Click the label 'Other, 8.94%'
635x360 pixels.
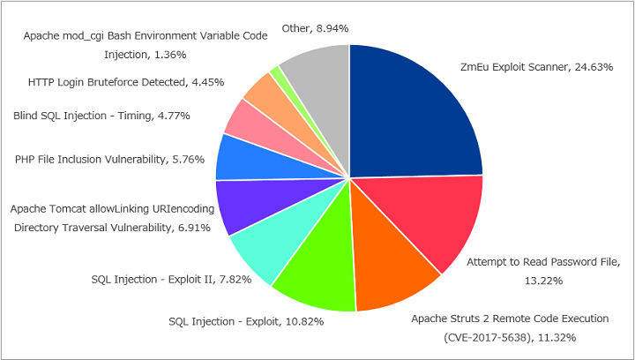315,28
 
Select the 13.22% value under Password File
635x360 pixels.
543,281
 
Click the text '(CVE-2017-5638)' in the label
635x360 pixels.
486,337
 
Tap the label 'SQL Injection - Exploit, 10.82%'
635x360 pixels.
246,321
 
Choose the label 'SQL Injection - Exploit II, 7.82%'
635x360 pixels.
171,280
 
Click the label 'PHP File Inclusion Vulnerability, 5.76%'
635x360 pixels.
109,160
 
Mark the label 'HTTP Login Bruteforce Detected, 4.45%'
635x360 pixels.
126,82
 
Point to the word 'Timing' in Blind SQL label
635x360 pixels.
134,116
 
